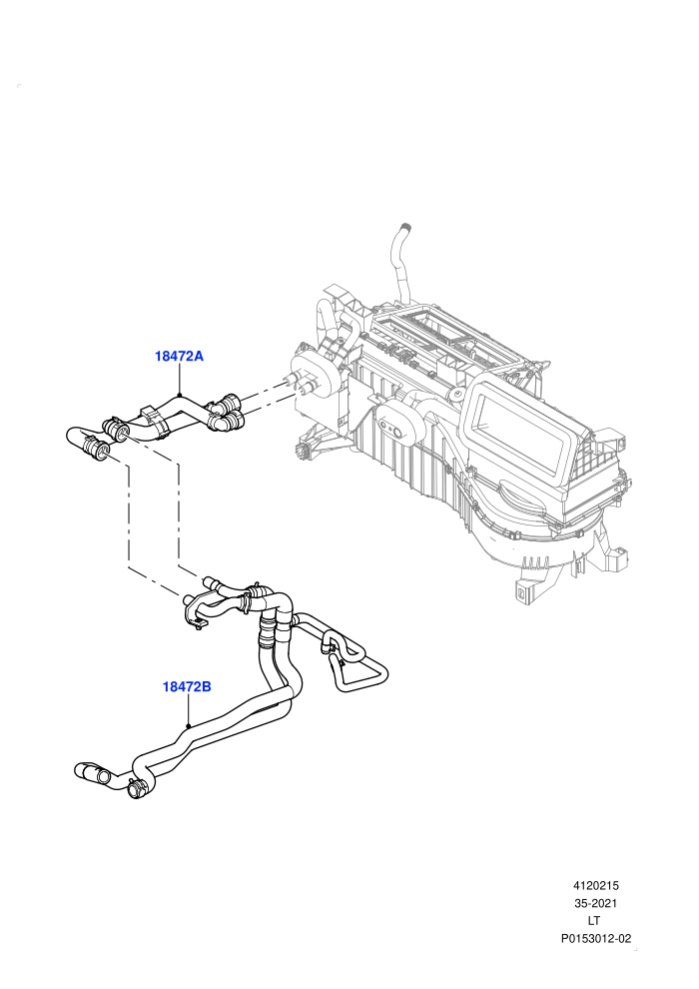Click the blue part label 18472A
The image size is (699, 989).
[x=179, y=356]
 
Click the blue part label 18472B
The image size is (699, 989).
[x=187, y=686]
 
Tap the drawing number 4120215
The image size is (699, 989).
[x=595, y=885]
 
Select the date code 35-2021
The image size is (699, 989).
[x=595, y=903]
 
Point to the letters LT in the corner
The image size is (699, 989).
[x=594, y=921]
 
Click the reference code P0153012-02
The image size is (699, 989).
[x=595, y=938]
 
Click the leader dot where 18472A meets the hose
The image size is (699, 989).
[x=180, y=396]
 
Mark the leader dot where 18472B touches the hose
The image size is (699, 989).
[x=188, y=726]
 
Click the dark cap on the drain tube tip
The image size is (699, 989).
[x=406, y=226]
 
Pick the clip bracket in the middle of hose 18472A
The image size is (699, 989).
[x=155, y=419]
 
